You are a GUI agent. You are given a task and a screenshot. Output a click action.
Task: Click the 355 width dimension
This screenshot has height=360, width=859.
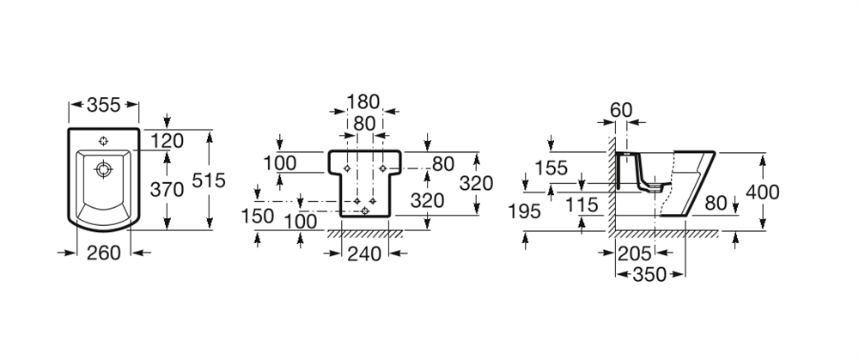pos(104,105)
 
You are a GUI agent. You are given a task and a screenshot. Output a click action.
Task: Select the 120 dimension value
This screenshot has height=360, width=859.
pos(168,141)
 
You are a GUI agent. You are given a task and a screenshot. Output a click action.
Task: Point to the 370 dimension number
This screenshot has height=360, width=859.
pos(168,190)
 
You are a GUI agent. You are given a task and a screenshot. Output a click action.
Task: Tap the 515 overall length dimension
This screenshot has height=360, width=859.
pos(209,180)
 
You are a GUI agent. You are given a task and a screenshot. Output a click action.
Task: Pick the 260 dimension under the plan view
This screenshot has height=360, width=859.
pos(104,253)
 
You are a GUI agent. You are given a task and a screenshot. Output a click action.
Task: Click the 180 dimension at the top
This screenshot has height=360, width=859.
pos(363,102)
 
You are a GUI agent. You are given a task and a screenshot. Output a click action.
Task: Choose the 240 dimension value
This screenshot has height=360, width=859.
pos(364,253)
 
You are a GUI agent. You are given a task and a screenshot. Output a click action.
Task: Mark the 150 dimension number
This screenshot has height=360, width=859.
pos(258,216)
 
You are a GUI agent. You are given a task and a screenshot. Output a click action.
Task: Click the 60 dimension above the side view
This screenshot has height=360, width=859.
pos(621,110)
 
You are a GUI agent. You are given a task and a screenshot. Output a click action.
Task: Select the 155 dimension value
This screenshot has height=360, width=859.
pos(551,168)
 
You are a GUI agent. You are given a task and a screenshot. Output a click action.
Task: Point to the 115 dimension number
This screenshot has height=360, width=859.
pos(582,205)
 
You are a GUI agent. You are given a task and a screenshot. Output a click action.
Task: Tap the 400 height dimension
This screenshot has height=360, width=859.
pos(763,192)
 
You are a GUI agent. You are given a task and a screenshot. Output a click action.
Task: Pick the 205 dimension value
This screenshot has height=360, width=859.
pos(635,253)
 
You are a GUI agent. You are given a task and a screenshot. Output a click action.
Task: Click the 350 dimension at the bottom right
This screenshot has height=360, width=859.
pos(649,274)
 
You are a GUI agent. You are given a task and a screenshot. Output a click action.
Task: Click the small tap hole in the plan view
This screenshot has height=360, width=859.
pos(104,141)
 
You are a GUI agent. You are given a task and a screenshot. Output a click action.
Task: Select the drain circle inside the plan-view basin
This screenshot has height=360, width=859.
pos(104,168)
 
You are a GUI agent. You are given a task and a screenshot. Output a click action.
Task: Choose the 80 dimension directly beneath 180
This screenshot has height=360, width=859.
pos(364,124)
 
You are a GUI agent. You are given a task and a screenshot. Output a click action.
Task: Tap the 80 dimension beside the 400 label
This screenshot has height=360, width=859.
pos(716,204)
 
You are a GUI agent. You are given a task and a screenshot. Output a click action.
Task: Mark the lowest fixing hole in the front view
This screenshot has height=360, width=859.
pos(365,211)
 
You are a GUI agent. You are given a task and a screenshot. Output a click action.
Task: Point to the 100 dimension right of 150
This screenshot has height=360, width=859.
pos(300,222)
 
